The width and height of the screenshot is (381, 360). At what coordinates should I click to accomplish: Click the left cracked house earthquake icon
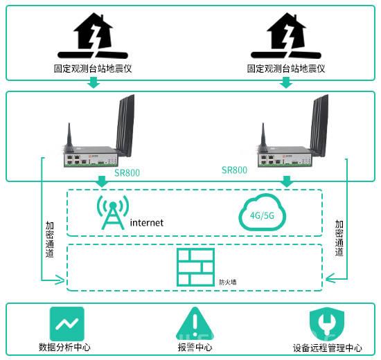pyautogui.click(x=93, y=36)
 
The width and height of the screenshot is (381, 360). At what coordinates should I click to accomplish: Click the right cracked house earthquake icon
pyautogui.click(x=286, y=36)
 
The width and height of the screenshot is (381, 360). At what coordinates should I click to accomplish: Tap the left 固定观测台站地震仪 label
pyautogui.click(x=93, y=69)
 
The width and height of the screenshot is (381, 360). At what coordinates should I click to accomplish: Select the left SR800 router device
pyautogui.click(x=98, y=131)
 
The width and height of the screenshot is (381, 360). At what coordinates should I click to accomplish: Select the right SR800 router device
pyautogui.click(x=292, y=131)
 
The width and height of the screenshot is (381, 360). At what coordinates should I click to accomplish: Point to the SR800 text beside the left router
pyautogui.click(x=127, y=172)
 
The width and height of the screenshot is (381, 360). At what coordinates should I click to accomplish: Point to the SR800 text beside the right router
pyautogui.click(x=234, y=170)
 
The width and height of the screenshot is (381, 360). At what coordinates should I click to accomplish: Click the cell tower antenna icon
pyautogui.click(x=113, y=213)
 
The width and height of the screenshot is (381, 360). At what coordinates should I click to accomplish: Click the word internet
pyautogui.click(x=147, y=223)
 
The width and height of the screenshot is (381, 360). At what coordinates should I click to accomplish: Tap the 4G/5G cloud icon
pyautogui.click(x=262, y=213)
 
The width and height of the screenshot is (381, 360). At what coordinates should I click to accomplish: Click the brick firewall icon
pyautogui.click(x=195, y=267)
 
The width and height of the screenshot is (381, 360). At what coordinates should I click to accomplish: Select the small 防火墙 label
pyautogui.click(x=228, y=282)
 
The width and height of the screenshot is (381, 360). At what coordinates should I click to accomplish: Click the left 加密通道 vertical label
pyautogui.click(x=50, y=240)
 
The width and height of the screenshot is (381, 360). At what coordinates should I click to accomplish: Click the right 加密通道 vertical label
pyautogui.click(x=339, y=238)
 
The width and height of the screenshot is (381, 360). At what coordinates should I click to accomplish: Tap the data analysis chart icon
pyautogui.click(x=67, y=324)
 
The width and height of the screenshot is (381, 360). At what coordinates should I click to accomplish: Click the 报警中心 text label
pyautogui.click(x=195, y=347)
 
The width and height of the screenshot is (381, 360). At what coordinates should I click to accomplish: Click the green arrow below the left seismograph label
pyautogui.click(x=94, y=82)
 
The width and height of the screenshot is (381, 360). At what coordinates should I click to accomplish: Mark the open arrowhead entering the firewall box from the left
pyautogui.click(x=60, y=280)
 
